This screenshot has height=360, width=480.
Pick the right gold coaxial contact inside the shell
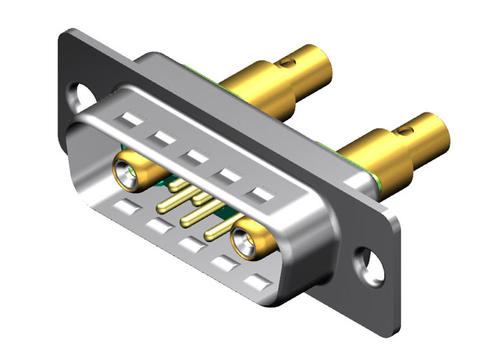pos(247,241)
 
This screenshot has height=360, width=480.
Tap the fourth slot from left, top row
pos(227,174)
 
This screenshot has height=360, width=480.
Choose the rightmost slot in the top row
pos(262,194)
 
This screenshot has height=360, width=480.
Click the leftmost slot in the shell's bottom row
pos(124,207)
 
